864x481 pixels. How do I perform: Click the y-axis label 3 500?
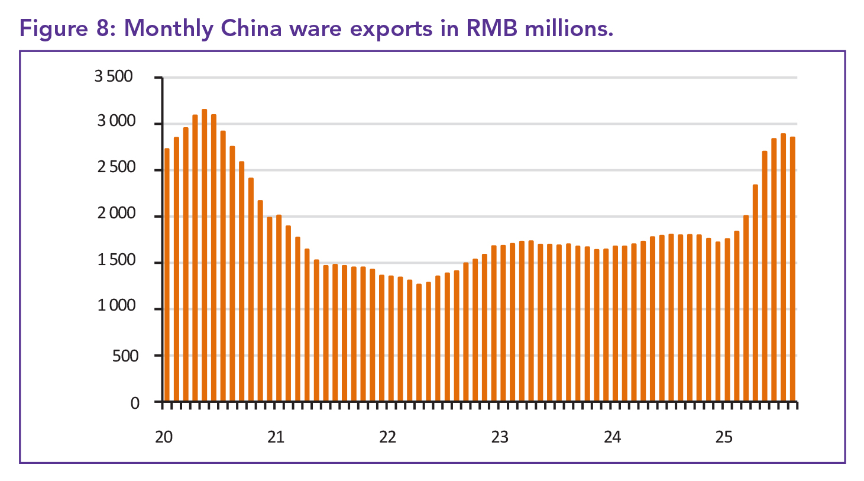tap(114, 76)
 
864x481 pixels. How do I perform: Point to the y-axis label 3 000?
tap(116, 121)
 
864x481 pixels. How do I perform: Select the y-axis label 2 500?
tap(116, 167)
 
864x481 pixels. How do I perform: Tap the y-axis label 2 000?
tap(116, 214)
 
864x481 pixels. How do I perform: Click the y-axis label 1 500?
tap(116, 260)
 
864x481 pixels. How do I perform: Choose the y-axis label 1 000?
tap(116, 306)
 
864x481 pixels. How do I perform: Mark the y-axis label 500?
tap(125, 356)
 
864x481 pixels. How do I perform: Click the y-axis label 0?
tap(135, 403)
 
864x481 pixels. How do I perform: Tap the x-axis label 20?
tap(164, 437)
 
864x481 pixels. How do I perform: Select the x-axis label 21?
tap(276, 437)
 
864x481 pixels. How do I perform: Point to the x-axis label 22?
tap(387, 437)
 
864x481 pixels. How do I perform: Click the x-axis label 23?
tap(500, 437)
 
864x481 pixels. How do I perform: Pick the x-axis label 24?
tap(612, 437)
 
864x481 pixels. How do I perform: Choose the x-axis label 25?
tap(724, 437)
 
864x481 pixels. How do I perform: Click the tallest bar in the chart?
tap(205, 254)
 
